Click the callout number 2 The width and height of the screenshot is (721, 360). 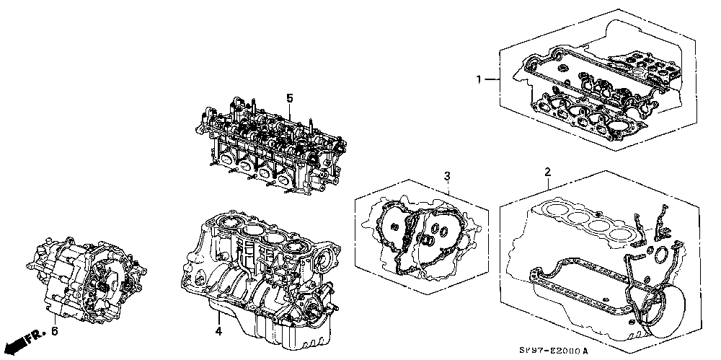547,172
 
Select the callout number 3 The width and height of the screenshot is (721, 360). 447,176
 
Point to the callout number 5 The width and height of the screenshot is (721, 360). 289,97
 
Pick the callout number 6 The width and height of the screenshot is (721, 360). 54,330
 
